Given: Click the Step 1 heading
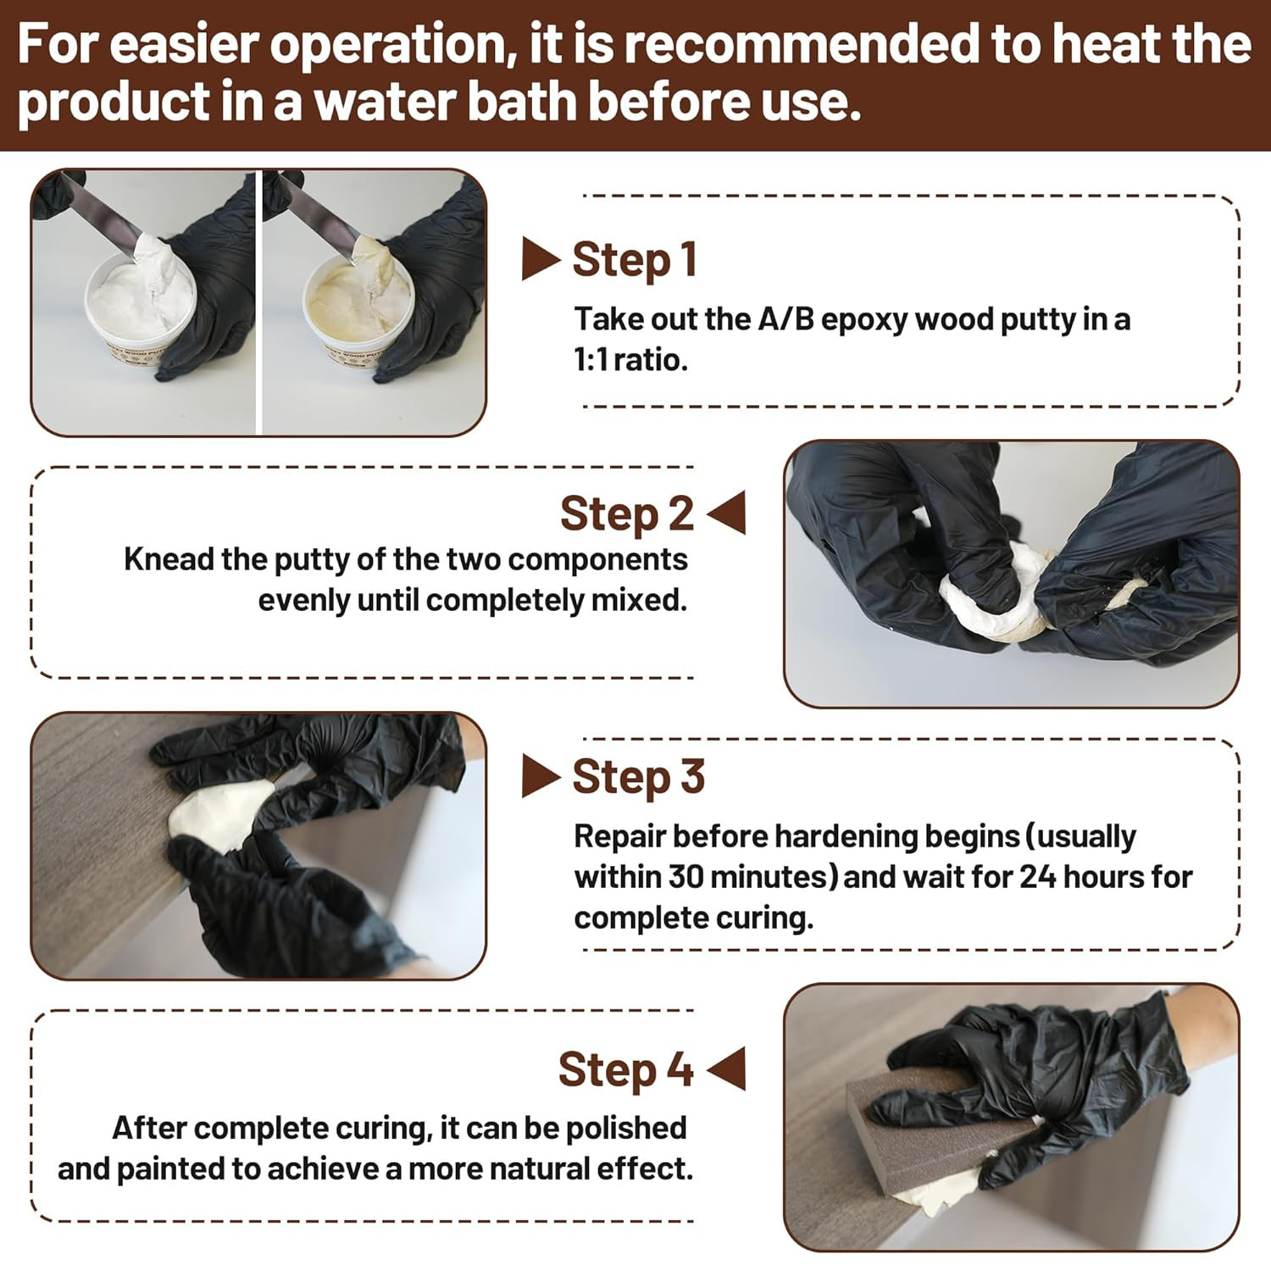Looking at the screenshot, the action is click(x=635, y=259).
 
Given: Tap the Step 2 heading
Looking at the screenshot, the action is click(x=627, y=513).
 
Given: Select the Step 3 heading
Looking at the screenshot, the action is click(x=638, y=777).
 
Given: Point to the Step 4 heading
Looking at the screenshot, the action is click(x=626, y=1069).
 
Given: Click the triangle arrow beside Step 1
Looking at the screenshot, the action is click(x=541, y=259).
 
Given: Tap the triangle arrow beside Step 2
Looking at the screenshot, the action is click(x=726, y=513).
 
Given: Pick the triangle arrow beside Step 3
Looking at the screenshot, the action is click(x=541, y=777).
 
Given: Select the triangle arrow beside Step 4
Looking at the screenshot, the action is click(x=726, y=1068).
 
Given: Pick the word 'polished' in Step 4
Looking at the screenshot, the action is click(x=626, y=1129).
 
